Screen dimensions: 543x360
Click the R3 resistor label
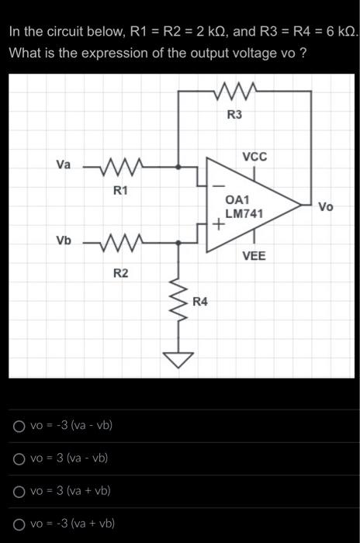234,115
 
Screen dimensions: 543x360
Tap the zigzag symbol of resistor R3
235,91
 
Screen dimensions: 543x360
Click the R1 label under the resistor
120,189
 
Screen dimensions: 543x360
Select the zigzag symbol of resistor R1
117,166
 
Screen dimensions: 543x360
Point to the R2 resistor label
120,271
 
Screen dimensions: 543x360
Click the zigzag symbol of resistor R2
117,242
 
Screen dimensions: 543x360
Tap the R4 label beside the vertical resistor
200,301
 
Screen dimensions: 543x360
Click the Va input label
64,164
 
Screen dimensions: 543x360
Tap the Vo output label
326,206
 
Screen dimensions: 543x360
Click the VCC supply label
254,157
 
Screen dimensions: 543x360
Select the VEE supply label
254,255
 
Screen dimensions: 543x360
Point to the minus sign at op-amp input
218,186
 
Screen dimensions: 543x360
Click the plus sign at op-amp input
219,226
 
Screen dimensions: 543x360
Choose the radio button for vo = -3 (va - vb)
19,425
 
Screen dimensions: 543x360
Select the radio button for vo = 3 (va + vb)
19,491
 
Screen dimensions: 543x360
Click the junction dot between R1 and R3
179,166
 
